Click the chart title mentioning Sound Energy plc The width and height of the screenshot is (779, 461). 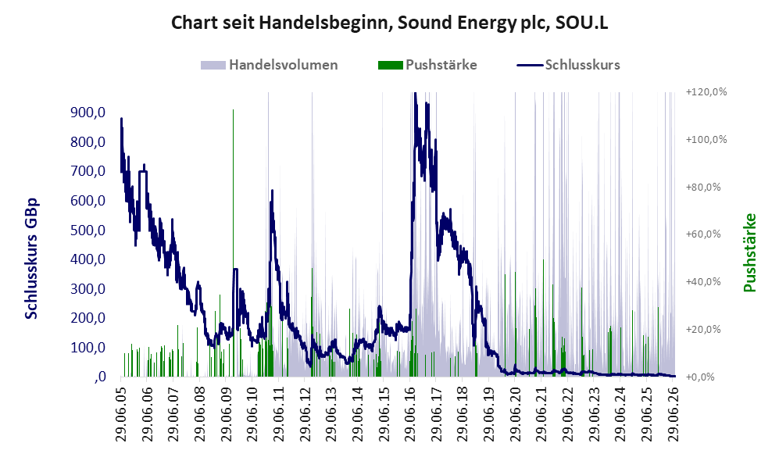pos(389,23)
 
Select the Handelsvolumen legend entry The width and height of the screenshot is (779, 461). pos(270,65)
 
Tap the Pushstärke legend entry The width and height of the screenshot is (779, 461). pos(427,65)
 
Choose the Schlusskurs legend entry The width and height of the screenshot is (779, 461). pos(568,65)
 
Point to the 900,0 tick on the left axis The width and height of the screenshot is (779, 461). pos(88,113)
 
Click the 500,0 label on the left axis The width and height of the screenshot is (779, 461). pos(88,230)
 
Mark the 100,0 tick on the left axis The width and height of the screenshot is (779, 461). pos(88,347)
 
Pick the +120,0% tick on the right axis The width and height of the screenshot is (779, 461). pos(706,92)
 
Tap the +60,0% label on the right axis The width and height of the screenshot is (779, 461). pos(703,234)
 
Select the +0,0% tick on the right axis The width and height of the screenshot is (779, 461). pos(700,377)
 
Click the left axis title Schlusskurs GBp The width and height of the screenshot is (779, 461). pos(31,259)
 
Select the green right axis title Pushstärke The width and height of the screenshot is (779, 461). pos(749,253)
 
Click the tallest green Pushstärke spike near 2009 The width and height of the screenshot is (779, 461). pos(233,243)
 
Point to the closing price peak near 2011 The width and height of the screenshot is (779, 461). pos(272,191)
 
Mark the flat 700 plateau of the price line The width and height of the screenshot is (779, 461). pos(142,171)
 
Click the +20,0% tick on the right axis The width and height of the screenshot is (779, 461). pos(703,330)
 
